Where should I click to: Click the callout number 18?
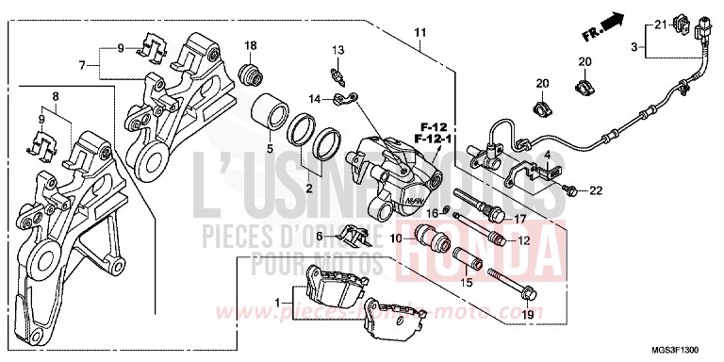(251, 45)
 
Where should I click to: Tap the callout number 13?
(337, 49)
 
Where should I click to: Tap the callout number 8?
(55, 96)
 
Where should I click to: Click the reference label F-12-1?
(435, 139)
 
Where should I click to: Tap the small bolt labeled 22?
(571, 191)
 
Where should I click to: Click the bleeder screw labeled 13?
(336, 71)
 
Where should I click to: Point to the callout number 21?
(660, 24)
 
